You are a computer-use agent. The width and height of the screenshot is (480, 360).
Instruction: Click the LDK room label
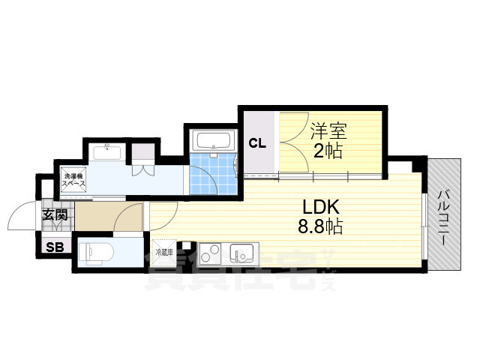322,207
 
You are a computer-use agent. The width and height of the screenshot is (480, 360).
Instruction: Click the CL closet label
257,143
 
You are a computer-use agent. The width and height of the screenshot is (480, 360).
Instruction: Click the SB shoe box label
55,247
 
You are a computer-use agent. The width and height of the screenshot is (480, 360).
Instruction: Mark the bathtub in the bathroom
213,141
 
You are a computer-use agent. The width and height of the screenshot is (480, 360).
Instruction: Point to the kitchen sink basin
242,253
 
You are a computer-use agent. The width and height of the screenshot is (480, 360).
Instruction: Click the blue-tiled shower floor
208,174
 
